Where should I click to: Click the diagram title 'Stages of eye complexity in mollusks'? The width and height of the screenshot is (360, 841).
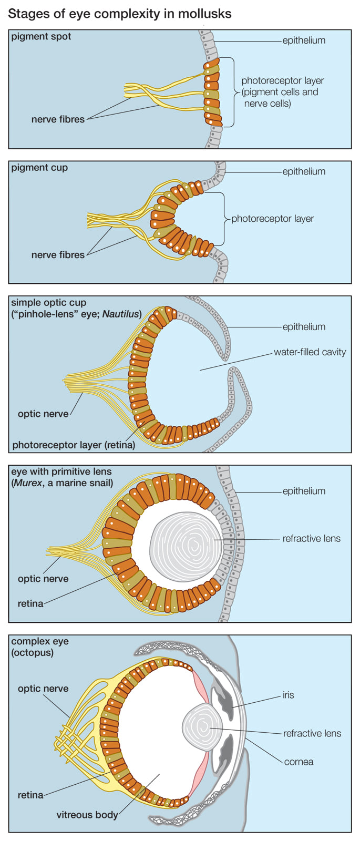120,14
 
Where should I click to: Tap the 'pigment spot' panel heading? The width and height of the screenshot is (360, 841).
41,36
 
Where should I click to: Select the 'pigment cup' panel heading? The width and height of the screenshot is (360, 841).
39,168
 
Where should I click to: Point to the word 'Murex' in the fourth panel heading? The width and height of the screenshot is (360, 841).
27,483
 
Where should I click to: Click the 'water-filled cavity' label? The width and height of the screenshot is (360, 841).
310,352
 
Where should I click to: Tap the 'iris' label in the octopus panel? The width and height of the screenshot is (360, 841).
288,695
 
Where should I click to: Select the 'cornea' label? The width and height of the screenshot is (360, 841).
299,762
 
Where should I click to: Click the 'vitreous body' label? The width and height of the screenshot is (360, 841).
87,815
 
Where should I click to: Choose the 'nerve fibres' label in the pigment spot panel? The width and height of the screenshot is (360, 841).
58,119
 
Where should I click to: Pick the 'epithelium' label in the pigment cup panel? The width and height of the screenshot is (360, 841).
304,171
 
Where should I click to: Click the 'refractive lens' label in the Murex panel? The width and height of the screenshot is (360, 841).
311,538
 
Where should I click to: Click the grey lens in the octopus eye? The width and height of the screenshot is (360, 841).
203,728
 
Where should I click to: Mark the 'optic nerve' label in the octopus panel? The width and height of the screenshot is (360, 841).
43,689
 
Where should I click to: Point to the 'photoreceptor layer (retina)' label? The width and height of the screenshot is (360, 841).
74,445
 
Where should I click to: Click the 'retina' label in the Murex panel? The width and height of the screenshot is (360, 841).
30,603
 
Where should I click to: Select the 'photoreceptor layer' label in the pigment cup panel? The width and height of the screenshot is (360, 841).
272,219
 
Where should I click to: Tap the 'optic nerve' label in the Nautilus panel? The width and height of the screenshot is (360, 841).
43,414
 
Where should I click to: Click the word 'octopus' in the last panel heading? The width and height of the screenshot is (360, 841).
33,653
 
